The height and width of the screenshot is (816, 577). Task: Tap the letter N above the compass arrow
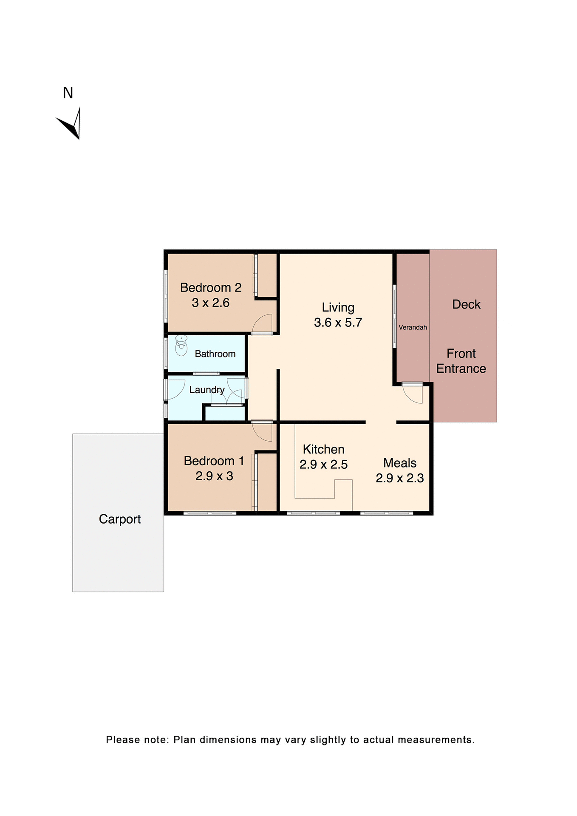click(68, 93)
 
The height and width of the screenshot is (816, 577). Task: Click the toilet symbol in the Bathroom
click(181, 346)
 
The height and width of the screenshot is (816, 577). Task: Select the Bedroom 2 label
click(211, 288)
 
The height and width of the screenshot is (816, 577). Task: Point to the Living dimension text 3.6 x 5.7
click(338, 323)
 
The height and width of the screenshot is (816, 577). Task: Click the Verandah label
click(413, 327)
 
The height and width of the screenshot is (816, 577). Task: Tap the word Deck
click(466, 304)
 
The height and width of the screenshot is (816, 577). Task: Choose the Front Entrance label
click(461, 361)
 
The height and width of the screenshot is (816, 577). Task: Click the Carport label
click(120, 519)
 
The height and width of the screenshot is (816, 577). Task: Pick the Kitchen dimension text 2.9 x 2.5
click(323, 465)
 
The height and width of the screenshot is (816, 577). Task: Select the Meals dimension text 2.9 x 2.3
click(399, 478)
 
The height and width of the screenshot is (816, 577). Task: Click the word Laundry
click(206, 390)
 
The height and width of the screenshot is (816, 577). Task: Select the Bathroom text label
click(215, 354)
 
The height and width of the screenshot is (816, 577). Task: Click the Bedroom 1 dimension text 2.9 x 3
click(214, 476)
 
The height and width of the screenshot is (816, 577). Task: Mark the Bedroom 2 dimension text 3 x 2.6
click(210, 303)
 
